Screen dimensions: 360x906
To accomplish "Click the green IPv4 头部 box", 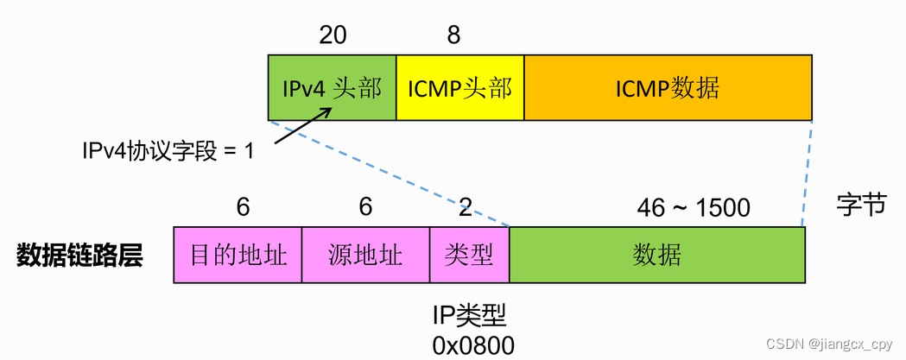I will click(x=332, y=88).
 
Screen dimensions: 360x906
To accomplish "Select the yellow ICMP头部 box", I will click(x=459, y=88).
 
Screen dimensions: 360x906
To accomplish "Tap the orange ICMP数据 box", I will click(x=668, y=88).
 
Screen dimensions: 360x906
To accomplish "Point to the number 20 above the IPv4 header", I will click(x=333, y=35).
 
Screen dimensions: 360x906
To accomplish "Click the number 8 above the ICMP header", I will click(x=453, y=35).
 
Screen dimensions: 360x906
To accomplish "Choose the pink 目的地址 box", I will click(x=238, y=256).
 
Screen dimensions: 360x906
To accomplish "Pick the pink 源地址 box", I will click(x=365, y=256).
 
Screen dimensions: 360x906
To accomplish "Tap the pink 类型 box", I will click(x=469, y=256).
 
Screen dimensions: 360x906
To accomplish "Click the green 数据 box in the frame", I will click(x=657, y=256).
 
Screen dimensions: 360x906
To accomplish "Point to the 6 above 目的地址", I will click(x=243, y=207).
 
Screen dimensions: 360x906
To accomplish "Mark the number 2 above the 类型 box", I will click(x=466, y=207).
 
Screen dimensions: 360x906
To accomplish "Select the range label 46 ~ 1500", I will click(x=694, y=208).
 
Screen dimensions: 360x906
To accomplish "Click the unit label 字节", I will click(x=861, y=205).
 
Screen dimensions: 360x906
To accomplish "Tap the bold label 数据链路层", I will click(x=79, y=256).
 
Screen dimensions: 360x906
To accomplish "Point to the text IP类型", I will click(x=473, y=313).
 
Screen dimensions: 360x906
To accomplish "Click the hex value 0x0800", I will click(x=473, y=345).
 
